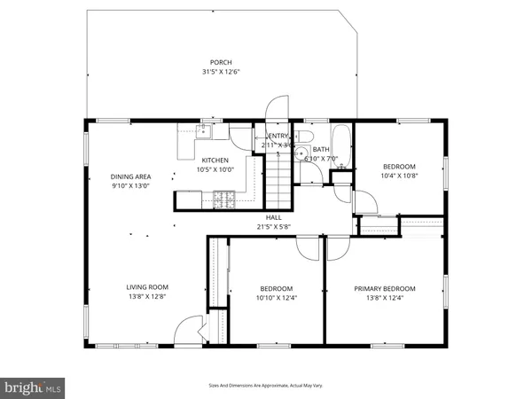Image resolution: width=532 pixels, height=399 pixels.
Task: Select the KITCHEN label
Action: (x=215, y=160)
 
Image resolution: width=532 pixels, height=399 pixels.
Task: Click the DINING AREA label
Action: (x=130, y=176)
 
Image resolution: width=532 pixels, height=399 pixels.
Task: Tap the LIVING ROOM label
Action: (x=146, y=286)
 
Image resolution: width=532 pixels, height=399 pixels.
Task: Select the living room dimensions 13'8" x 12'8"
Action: (x=146, y=297)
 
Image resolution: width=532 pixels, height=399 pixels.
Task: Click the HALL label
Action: (x=274, y=216)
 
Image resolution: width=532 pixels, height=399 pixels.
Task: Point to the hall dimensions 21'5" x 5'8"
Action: (x=274, y=226)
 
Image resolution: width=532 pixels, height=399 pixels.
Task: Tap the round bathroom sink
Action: (x=302, y=153)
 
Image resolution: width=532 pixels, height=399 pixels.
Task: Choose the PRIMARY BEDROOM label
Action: (x=385, y=288)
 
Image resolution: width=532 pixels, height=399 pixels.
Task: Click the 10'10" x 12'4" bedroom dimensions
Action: (x=277, y=299)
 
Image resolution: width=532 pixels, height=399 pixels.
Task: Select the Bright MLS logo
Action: (x=33, y=387)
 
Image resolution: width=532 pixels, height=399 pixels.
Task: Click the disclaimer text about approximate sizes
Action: (x=265, y=386)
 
